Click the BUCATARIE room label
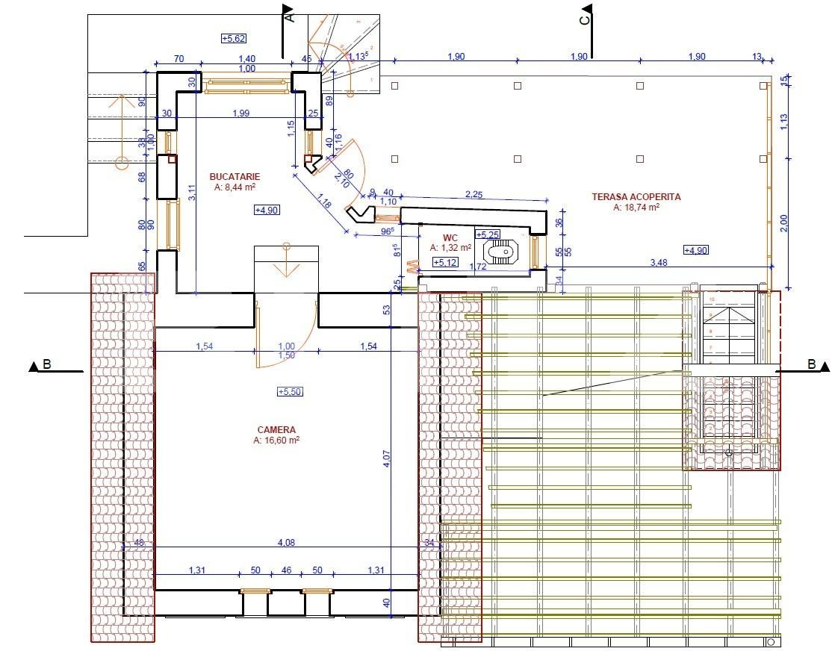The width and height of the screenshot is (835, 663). click(235, 177)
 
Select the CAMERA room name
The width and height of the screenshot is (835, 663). click(276, 430)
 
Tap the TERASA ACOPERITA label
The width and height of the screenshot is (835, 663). click(636, 197)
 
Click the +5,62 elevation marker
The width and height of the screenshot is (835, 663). click(234, 38)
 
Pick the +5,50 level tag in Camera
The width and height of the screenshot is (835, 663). click(289, 392)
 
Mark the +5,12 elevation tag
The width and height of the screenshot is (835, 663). click(445, 262)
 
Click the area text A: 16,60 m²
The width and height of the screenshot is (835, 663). click(276, 441)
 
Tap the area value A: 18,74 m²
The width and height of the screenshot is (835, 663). click(636, 208)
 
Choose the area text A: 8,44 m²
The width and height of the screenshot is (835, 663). click(235, 187)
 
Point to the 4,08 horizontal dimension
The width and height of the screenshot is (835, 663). click(286, 543)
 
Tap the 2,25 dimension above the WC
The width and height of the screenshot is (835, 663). click(474, 194)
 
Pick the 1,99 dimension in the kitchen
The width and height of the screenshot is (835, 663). click(241, 113)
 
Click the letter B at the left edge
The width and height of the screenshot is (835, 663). click(47, 365)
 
